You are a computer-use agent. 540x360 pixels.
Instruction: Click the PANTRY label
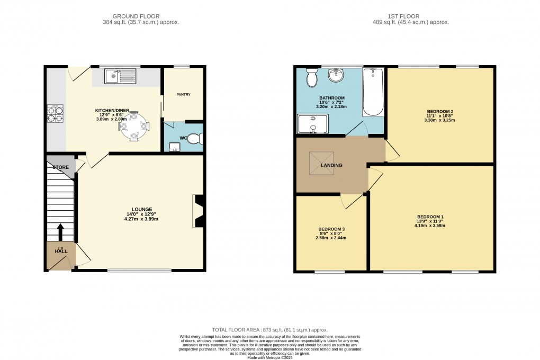click(x=183, y=95)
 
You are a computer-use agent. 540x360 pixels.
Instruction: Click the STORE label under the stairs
click(x=60, y=167)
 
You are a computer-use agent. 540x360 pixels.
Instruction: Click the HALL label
click(x=61, y=251)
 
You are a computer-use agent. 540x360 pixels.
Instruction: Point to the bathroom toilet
click(x=311, y=78)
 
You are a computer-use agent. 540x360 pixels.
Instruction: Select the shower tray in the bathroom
click(x=313, y=123)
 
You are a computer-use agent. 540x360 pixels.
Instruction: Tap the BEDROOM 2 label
click(x=440, y=112)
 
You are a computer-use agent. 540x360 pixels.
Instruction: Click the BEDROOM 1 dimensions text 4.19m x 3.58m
click(x=429, y=226)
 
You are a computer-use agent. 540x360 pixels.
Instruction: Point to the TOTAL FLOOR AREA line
click(x=269, y=330)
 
